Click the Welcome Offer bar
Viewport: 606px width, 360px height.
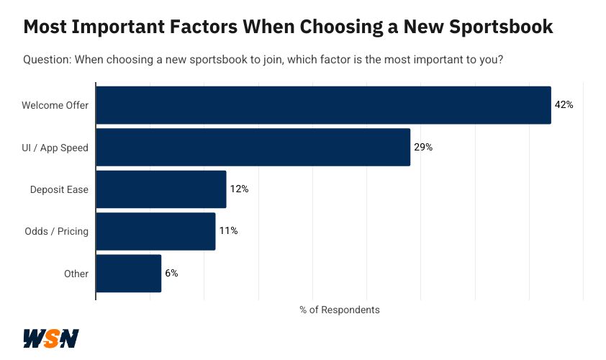pos(323,105)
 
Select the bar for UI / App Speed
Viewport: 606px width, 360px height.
pos(253,148)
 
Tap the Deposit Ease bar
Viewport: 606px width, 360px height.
pos(161,189)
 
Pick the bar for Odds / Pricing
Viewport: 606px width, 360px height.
pos(155,231)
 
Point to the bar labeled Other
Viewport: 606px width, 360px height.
pos(128,274)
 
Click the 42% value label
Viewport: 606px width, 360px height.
pos(564,105)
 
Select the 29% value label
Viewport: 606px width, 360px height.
pos(422,148)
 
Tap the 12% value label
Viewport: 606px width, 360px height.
pos(239,189)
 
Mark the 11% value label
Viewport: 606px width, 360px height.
pos(228,231)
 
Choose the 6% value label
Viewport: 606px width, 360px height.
pos(171,274)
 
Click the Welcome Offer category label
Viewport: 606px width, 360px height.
pos(55,105)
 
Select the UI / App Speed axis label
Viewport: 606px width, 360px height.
pos(55,148)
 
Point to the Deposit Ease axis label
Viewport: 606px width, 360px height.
pos(59,189)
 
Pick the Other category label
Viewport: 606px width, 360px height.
pos(76,274)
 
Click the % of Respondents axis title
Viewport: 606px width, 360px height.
pos(339,310)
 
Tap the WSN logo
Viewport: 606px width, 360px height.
pos(50,338)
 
